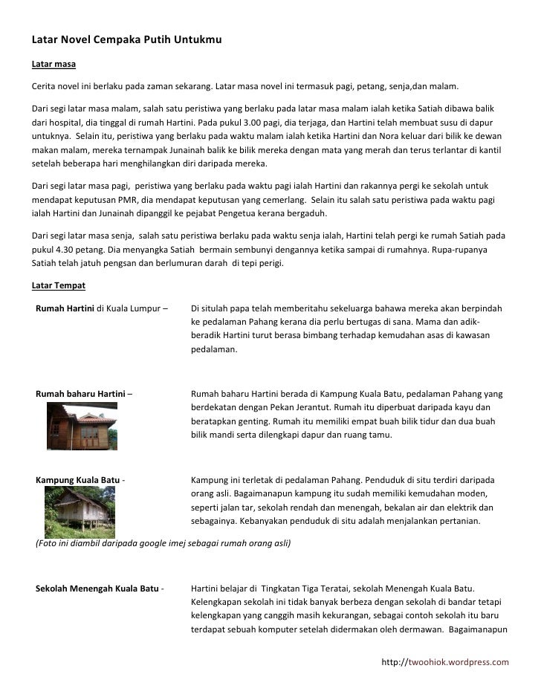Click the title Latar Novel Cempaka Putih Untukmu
tap(126, 37)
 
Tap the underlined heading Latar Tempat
tap(59, 285)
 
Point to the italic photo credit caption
tap(163, 543)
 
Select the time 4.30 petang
tap(64, 250)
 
